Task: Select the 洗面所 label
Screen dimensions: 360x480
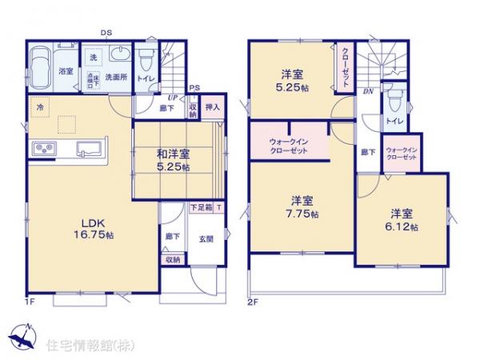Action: (x=119, y=78)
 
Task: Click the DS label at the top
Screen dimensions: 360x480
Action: (x=106, y=32)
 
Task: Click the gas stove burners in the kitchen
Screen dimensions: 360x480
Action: (x=43, y=149)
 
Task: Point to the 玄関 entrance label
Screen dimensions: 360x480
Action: (x=206, y=237)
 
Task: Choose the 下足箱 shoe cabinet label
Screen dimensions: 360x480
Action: (x=201, y=208)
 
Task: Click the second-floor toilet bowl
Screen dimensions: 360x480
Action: (x=393, y=102)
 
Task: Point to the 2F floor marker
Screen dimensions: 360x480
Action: (x=252, y=301)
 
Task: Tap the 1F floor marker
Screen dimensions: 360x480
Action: (x=30, y=301)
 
